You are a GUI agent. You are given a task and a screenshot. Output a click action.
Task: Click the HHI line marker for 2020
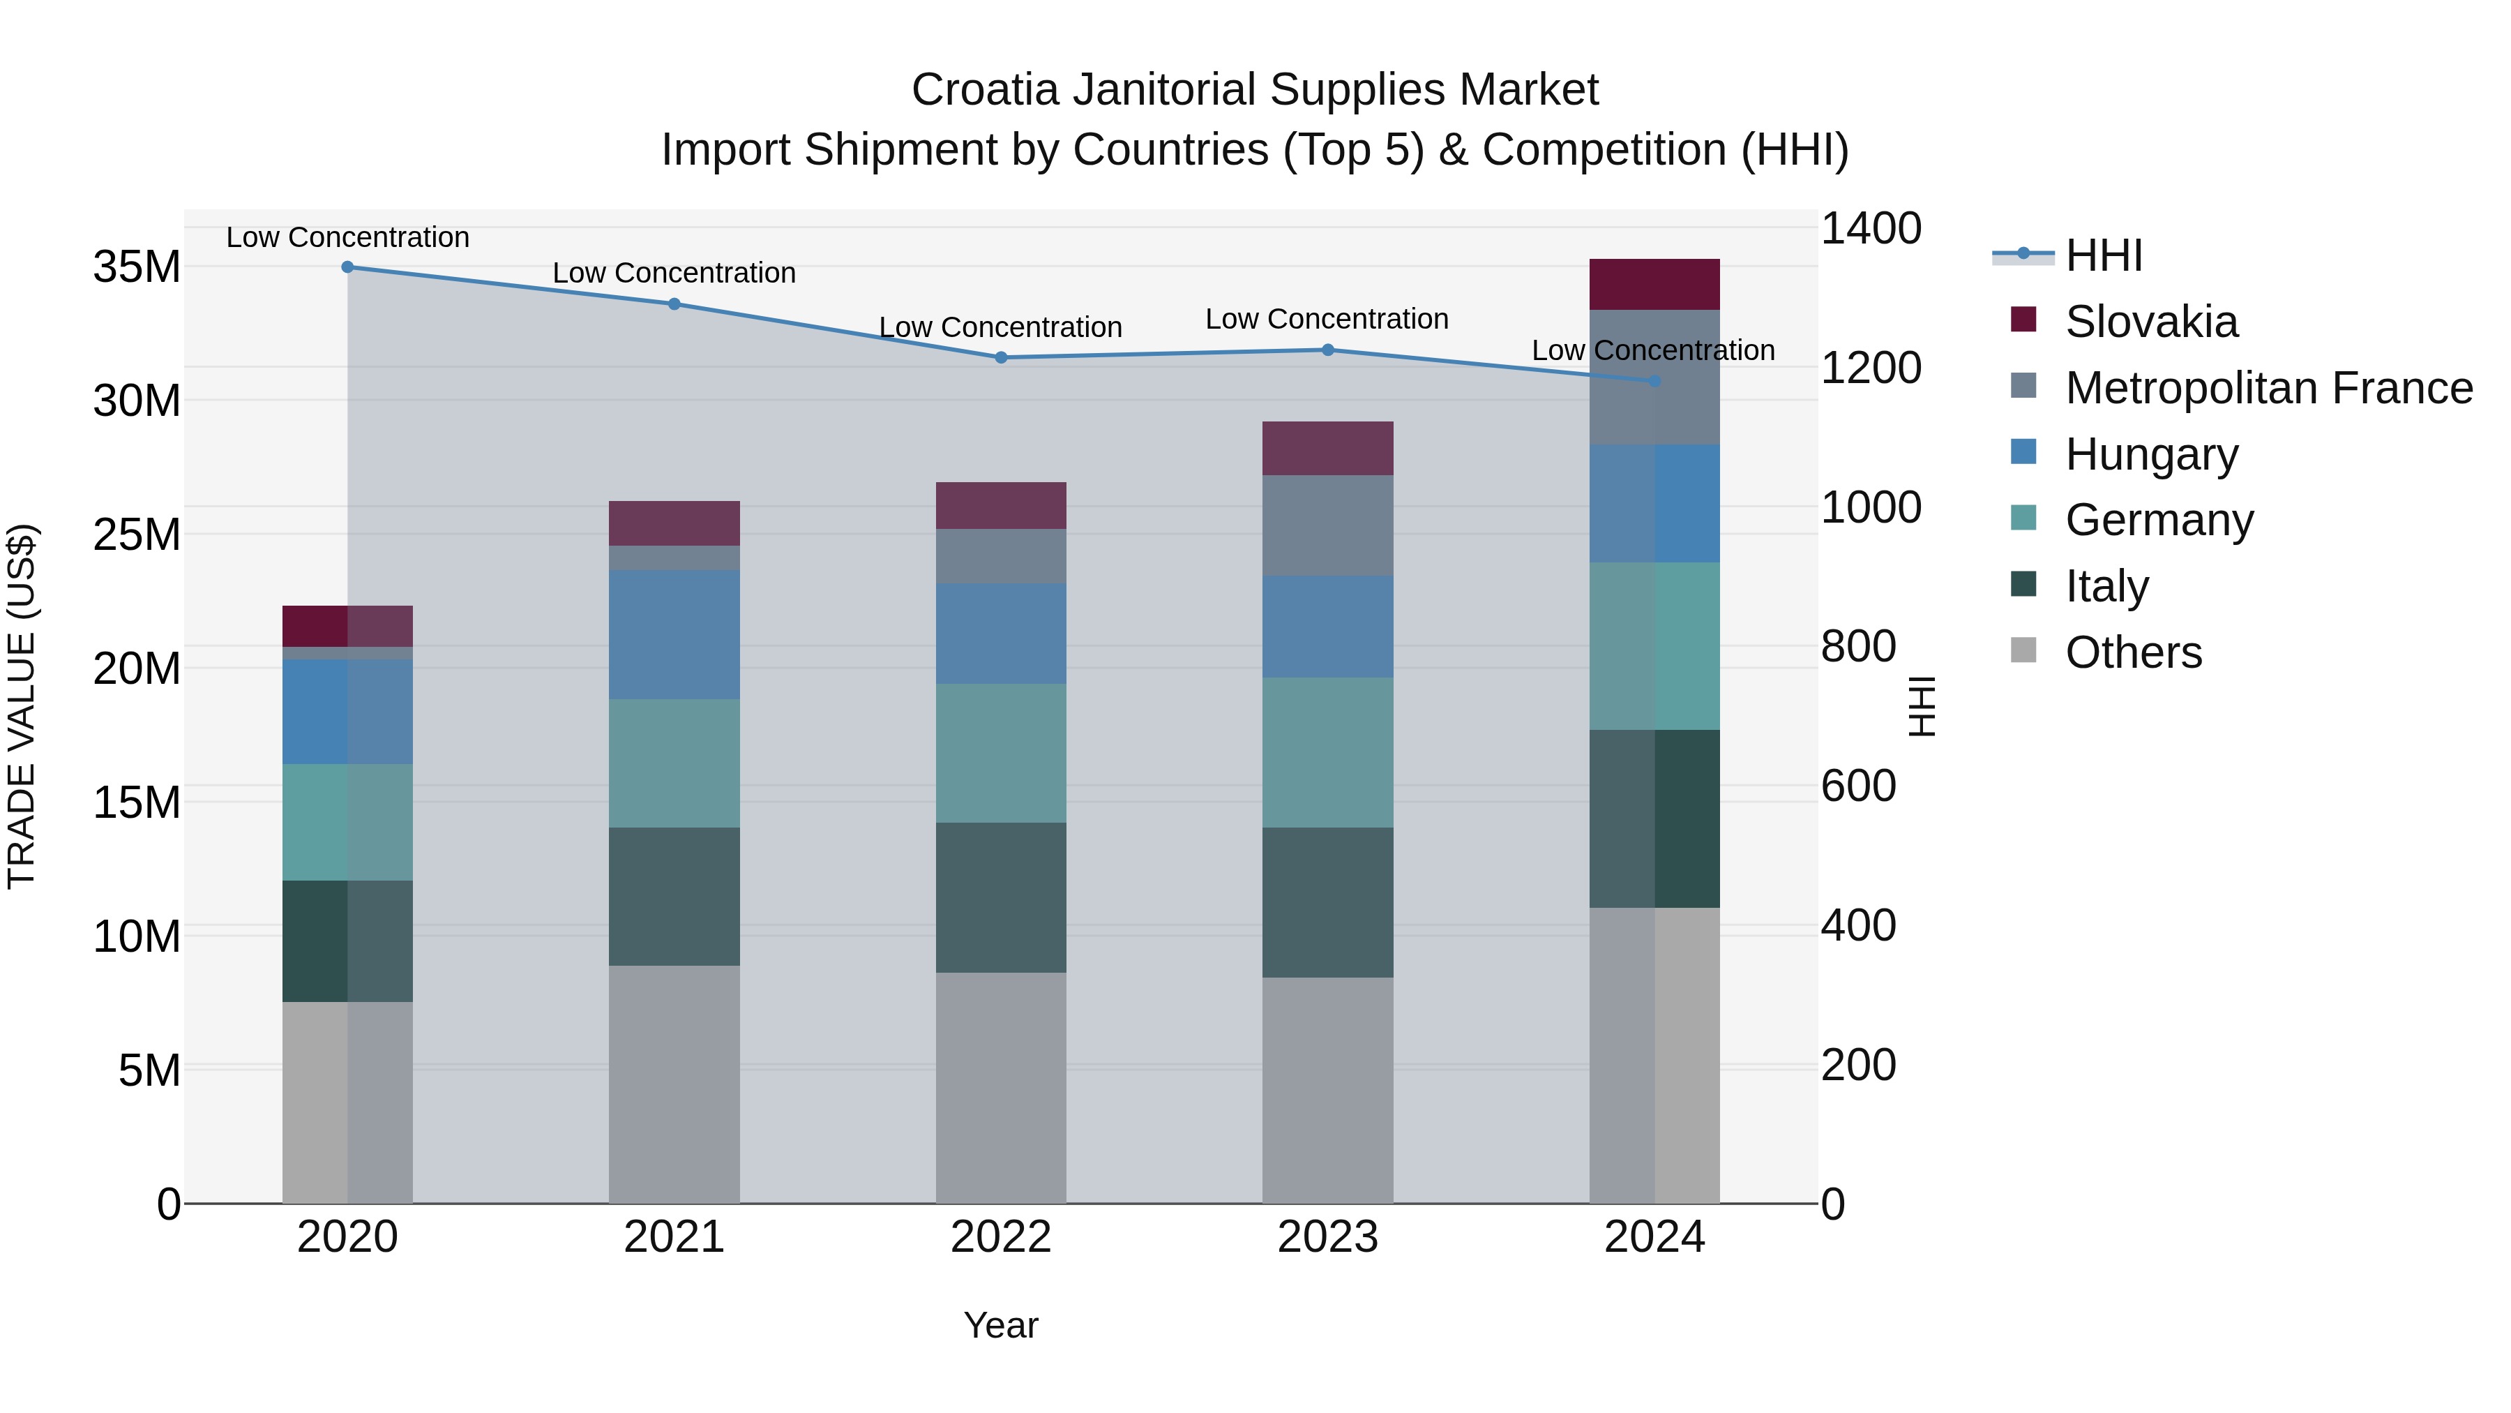(x=347, y=267)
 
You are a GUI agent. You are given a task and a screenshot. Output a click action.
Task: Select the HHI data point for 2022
(x=1000, y=358)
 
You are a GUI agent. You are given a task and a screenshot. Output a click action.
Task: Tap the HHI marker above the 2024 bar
(x=1654, y=381)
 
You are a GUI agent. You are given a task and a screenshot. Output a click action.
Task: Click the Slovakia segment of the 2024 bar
(x=1654, y=284)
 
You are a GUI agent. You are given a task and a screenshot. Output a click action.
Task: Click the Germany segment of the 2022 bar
(x=1000, y=753)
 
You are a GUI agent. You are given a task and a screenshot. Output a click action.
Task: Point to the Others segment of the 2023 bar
(x=1327, y=1089)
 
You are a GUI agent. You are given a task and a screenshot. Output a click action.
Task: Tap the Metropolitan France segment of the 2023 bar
(x=1327, y=525)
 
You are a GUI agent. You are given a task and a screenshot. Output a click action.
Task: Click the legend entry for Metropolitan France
(x=2268, y=388)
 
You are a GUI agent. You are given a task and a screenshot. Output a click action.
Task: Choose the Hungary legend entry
(x=2151, y=454)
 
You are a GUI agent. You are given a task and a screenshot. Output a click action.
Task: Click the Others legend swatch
(x=2023, y=650)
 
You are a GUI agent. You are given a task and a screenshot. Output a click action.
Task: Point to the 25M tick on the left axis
(x=137, y=534)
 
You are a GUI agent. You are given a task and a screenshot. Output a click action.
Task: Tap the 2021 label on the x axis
(x=674, y=1237)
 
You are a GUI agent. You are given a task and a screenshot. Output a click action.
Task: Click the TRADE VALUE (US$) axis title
(x=22, y=706)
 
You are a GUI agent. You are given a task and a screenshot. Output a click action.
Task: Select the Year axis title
(x=1000, y=1325)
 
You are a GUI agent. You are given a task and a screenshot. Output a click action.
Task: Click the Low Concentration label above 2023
(x=1327, y=319)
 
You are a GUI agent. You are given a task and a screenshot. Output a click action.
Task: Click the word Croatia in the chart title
(x=984, y=90)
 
